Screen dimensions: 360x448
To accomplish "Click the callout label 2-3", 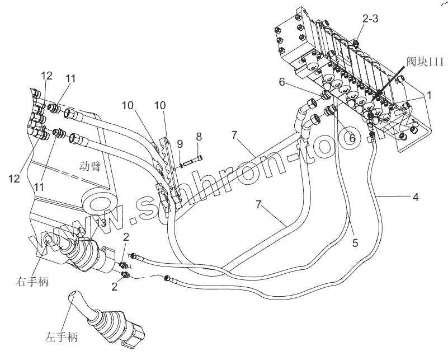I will [x=370, y=18].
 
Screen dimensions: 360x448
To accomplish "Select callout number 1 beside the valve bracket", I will [x=429, y=95].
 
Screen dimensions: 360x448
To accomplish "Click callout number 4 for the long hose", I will [x=416, y=197].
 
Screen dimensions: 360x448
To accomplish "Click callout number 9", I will [x=180, y=144].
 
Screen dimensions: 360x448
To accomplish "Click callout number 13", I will [x=100, y=223].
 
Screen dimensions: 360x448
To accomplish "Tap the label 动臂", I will [x=89, y=166].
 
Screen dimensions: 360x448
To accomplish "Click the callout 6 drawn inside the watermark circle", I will [x=352, y=136].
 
